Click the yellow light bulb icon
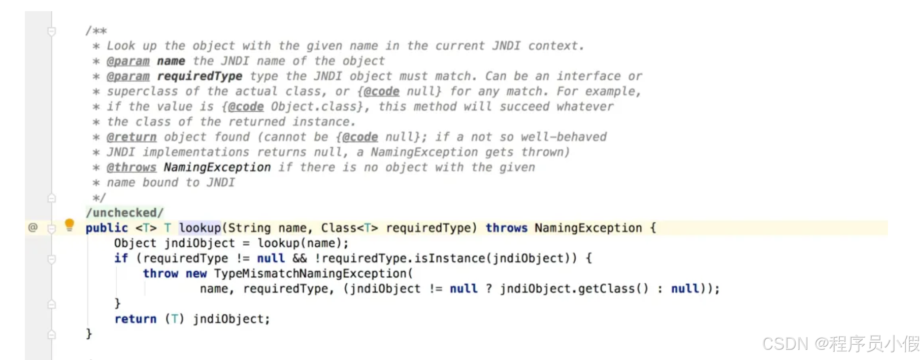click(70, 224)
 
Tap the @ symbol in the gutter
click(33, 227)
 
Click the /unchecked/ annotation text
click(124, 213)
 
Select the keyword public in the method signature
click(107, 228)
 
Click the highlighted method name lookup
click(200, 228)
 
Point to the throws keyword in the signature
click(506, 228)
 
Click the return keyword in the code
click(135, 319)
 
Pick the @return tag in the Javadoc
click(131, 137)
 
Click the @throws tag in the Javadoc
click(131, 168)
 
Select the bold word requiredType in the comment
click(200, 76)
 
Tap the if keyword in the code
click(121, 258)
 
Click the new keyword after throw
click(196, 274)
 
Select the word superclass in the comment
click(142, 91)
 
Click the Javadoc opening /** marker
click(96, 31)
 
